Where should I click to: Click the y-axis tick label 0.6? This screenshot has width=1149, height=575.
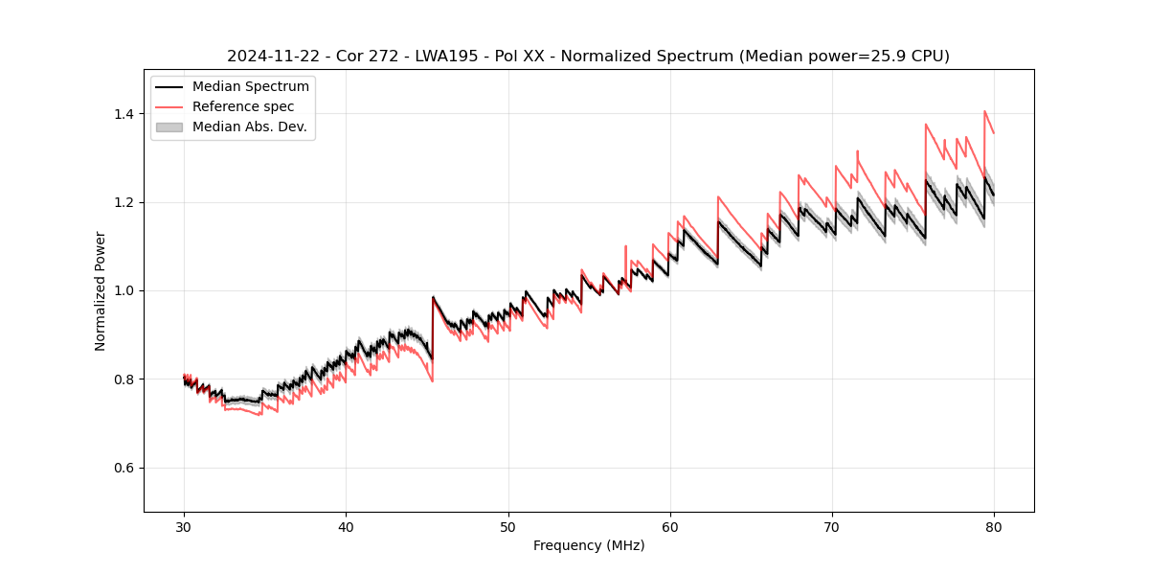125,468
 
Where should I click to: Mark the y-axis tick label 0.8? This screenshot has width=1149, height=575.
125,379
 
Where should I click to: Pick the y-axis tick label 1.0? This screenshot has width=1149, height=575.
125,290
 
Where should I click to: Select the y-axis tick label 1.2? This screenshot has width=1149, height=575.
125,202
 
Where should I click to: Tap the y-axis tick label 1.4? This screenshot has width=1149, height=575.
125,114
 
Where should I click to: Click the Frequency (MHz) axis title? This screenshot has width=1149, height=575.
589,545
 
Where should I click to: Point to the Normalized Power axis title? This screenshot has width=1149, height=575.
101,290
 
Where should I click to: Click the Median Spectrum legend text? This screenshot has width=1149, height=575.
251,87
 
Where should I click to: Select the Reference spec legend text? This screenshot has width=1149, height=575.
243,106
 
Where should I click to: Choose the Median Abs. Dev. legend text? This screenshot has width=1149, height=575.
250,126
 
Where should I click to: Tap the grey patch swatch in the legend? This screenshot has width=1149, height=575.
169,126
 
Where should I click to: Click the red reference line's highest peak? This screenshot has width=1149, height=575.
984,111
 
